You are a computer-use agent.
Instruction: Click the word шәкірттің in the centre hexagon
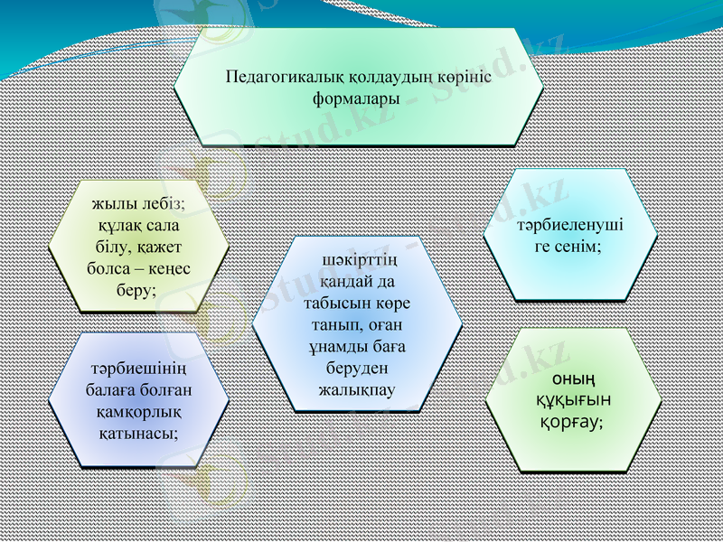click(359, 263)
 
